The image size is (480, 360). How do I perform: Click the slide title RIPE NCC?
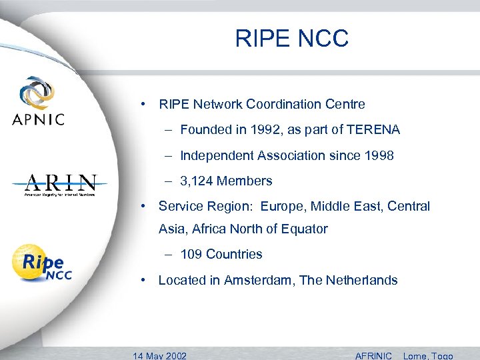tap(291, 39)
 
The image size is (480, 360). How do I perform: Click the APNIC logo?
tap(38, 101)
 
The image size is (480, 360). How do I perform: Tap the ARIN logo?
tap(61, 184)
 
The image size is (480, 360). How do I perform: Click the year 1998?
tap(379, 155)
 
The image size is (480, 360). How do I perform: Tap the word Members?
tap(245, 181)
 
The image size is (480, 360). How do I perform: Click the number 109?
tap(191, 254)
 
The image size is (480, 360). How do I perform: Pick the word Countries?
tap(234, 254)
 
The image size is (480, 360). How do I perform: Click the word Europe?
tap(281, 207)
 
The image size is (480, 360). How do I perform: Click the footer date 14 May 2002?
tap(160, 355)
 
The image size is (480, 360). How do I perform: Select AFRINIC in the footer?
tap(373, 355)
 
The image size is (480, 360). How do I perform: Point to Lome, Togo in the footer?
tap(428, 355)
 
